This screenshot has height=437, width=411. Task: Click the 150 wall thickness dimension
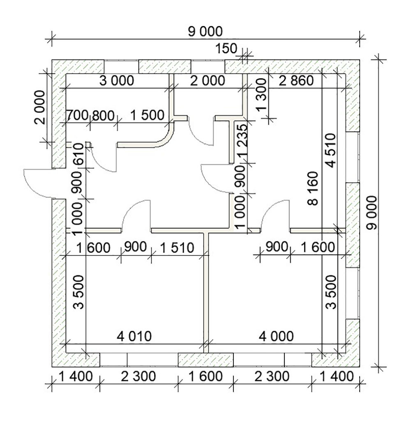pos(226,48)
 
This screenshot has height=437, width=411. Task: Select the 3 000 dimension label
pos(117,81)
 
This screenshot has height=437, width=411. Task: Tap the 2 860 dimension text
pos(296,81)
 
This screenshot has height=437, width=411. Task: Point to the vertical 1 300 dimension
pos(262,95)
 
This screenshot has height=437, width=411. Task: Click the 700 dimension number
pos(77,115)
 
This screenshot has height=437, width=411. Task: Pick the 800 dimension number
pos(103,115)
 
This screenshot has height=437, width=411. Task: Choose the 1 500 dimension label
pos(148,115)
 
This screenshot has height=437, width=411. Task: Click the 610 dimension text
pos(79,154)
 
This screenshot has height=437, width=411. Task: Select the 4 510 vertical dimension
pos(331,151)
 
